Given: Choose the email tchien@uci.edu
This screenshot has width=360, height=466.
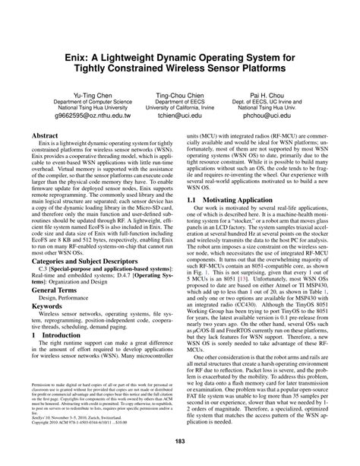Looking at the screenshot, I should (x=180, y=117).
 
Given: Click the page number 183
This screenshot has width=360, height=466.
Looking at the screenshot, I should (x=180, y=442).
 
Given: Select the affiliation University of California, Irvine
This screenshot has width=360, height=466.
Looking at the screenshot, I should (x=180, y=107).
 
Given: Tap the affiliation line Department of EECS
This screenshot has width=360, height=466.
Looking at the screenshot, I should (x=180, y=98).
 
